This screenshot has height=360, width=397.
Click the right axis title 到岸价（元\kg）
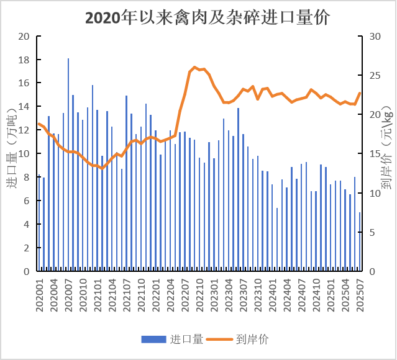[386, 155]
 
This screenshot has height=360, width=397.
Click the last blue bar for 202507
[360, 242]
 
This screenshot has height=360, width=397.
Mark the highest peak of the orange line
[194, 67]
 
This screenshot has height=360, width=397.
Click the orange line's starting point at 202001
[39, 123]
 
